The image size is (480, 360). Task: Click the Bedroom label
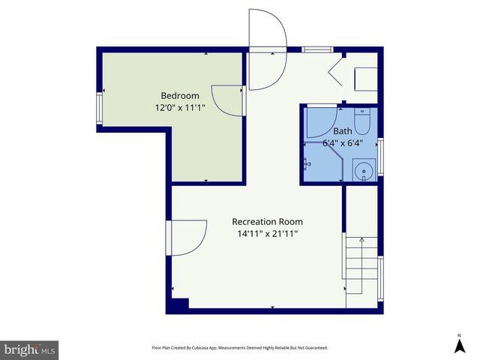[x=180, y=95]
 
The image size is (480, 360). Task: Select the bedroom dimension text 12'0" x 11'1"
[x=180, y=107]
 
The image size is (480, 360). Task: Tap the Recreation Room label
[x=267, y=221]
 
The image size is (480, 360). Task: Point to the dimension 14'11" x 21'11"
[x=267, y=233]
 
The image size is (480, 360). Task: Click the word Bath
[x=342, y=130]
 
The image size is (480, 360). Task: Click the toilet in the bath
[x=362, y=122]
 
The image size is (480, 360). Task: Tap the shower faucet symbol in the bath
[x=307, y=163]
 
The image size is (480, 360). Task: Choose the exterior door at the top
[x=267, y=49]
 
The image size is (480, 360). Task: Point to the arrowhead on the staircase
[x=361, y=240]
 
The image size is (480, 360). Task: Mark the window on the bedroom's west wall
[x=100, y=109]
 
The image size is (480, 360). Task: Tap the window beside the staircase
[x=380, y=277]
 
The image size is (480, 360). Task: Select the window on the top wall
[x=318, y=49]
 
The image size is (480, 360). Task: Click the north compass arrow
[x=459, y=345]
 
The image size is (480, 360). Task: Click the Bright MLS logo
[x=30, y=349]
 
